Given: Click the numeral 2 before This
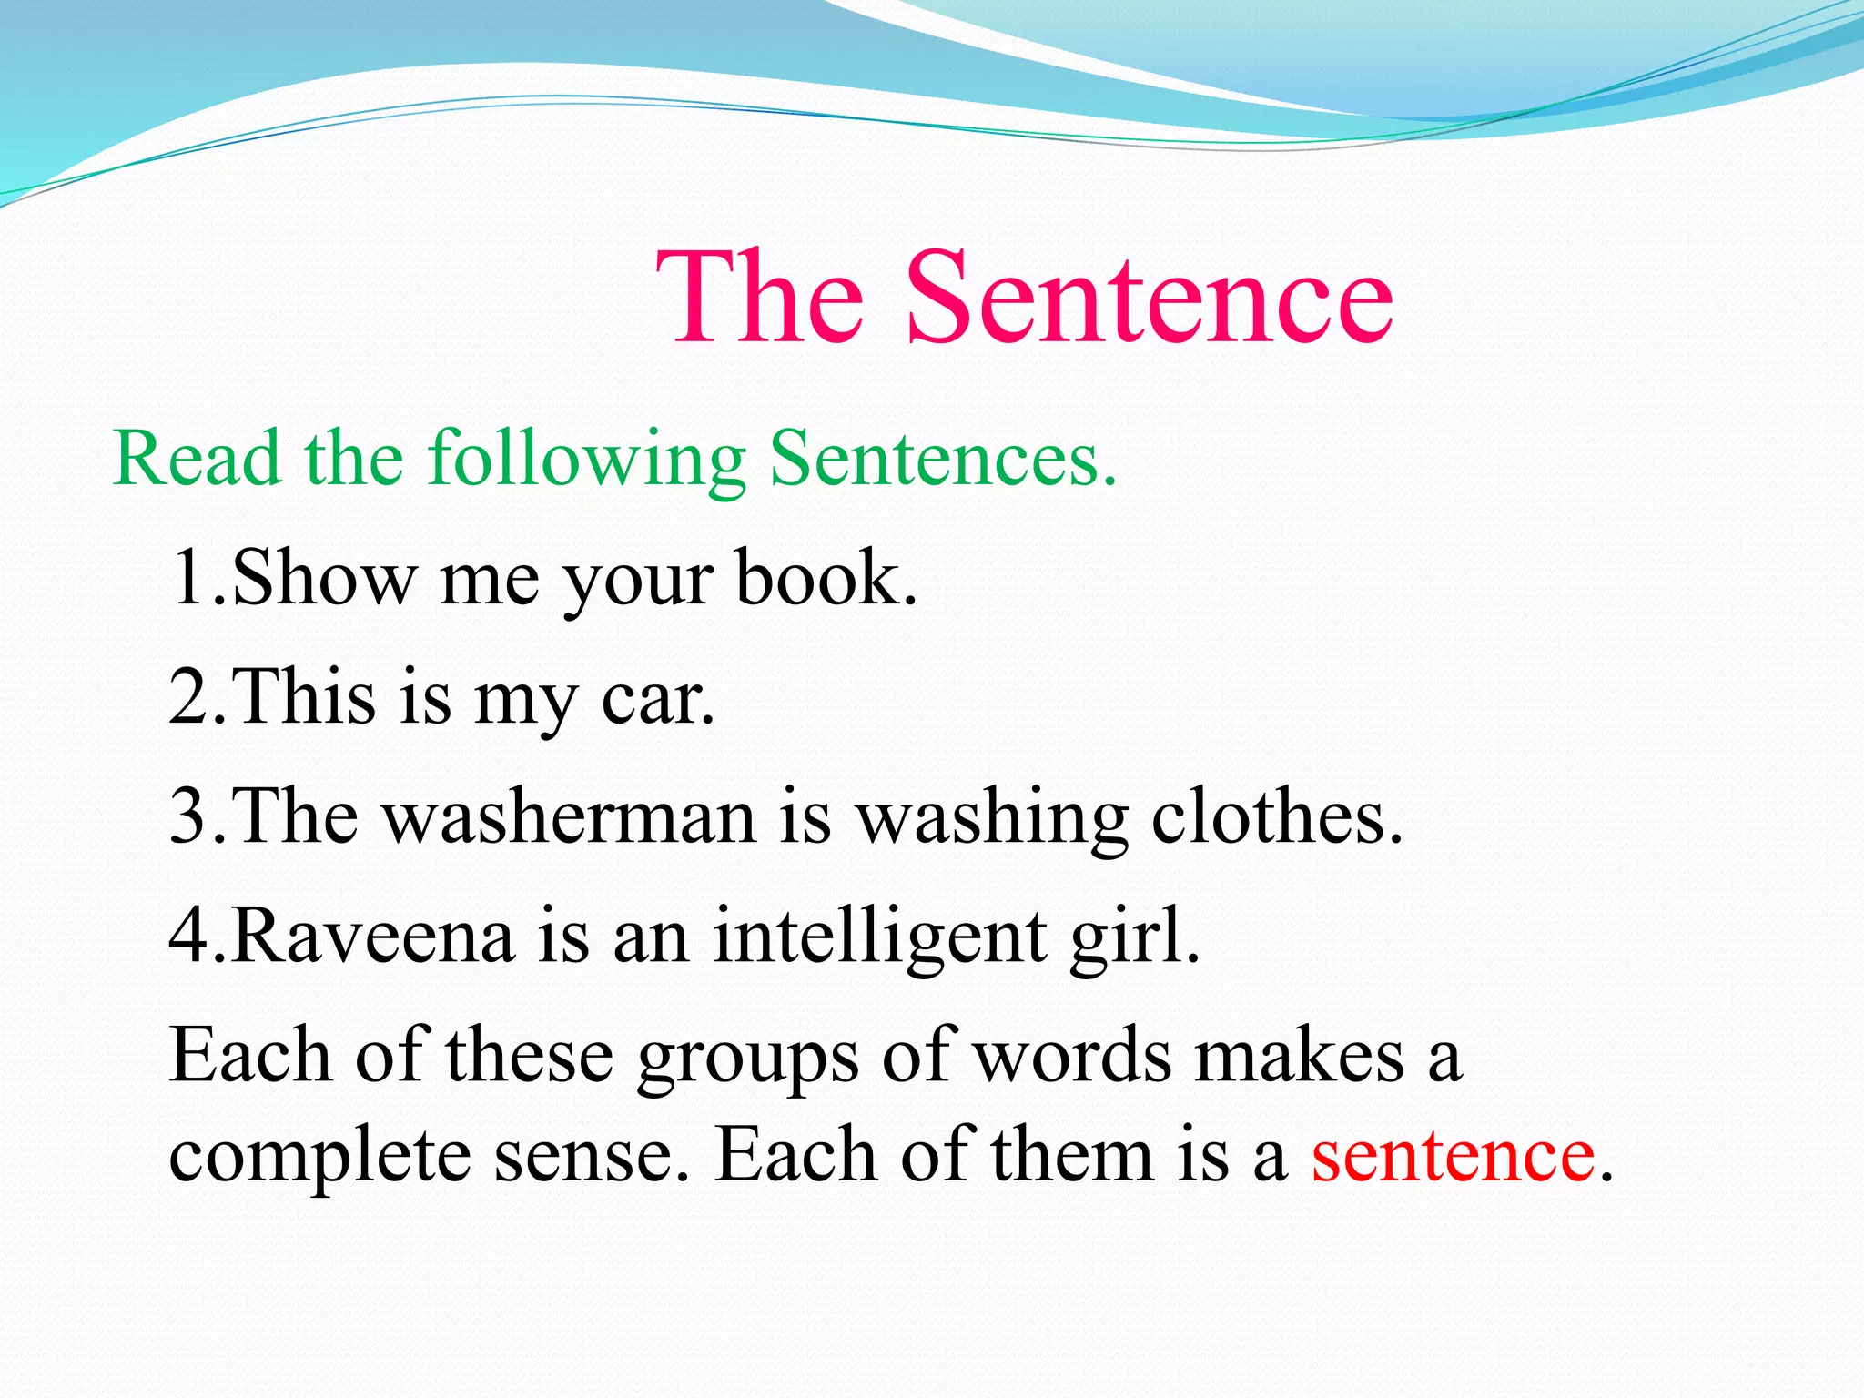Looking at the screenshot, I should click(189, 697).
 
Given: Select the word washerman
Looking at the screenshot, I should click(569, 815).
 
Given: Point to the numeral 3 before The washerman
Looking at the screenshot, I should click(189, 815).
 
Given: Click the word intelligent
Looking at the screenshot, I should click(879, 936).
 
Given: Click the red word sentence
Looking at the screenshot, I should click(1453, 1156).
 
